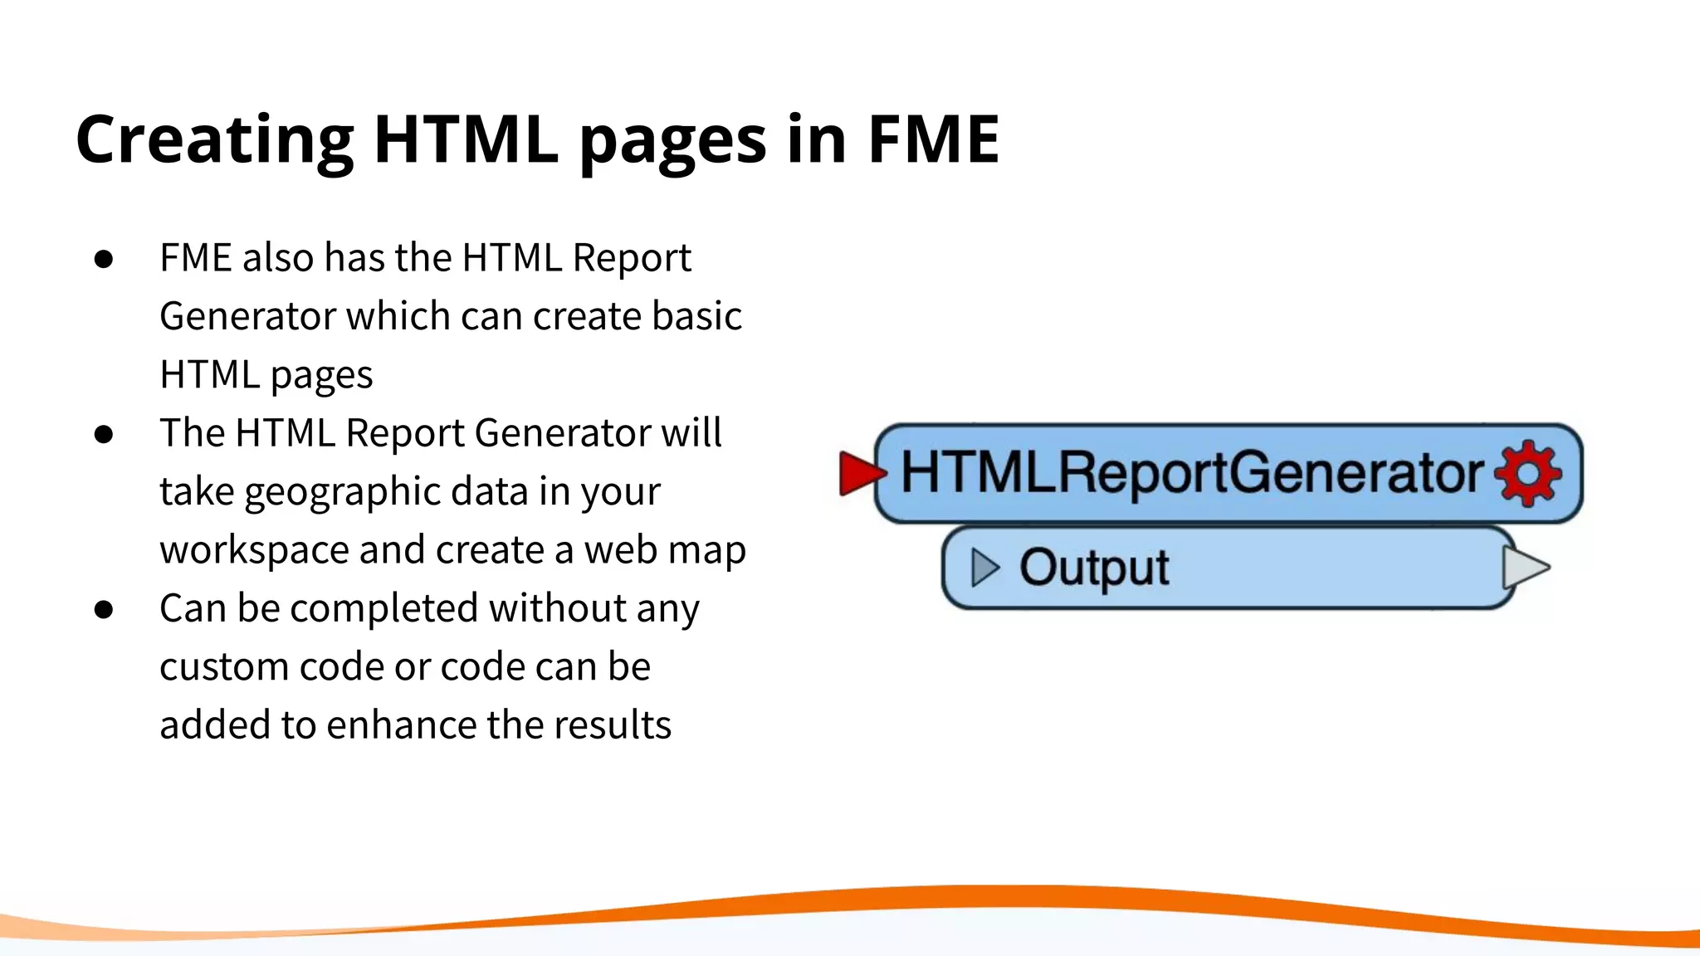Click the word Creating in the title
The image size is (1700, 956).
[214, 139]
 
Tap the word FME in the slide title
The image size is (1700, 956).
[933, 139]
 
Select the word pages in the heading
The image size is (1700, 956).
[672, 141]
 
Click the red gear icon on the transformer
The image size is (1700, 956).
[1528, 473]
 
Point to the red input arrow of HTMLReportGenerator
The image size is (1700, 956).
[860, 473]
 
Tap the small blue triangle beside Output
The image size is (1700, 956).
[984, 568]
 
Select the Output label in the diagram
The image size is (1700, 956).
[1094, 568]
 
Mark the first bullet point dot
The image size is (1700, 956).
[104, 259]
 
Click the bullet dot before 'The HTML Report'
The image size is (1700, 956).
[104, 434]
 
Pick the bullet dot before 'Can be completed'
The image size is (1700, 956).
[104, 609]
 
